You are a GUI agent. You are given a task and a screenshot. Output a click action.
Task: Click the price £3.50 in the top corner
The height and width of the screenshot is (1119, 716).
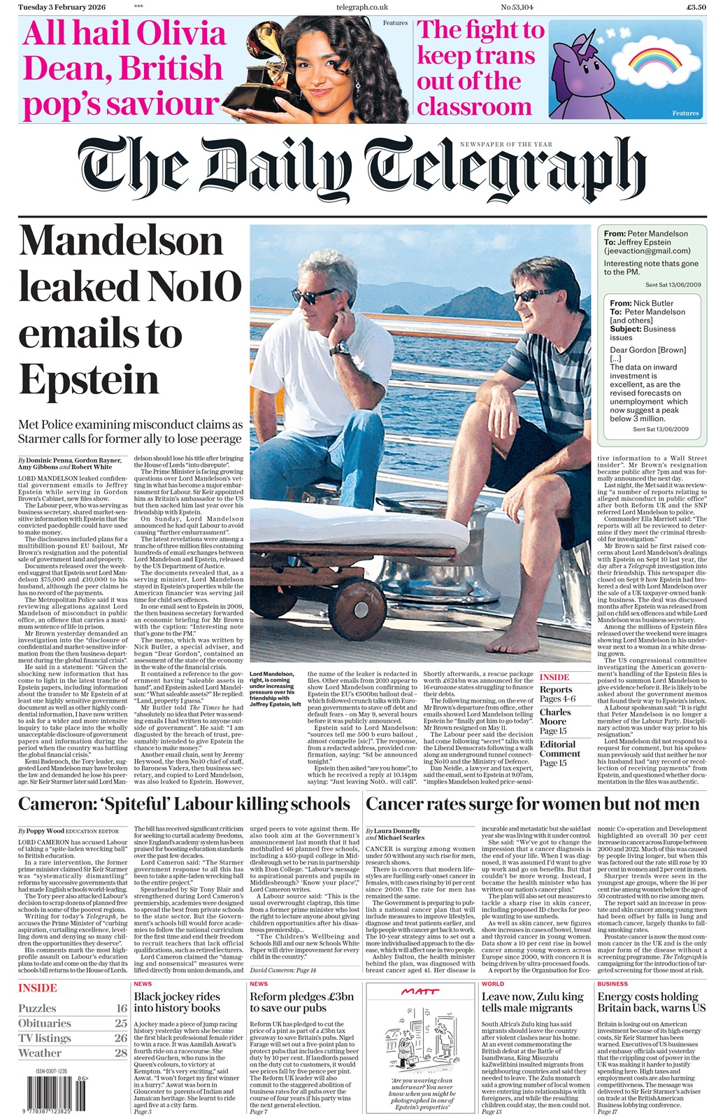(696, 7)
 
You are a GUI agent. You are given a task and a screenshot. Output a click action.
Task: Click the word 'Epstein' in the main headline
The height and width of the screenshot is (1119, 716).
(89, 380)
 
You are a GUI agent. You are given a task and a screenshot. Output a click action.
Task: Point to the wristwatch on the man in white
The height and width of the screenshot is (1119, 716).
(340, 348)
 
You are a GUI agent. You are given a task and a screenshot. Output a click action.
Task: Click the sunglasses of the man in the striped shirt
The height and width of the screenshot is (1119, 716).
(534, 296)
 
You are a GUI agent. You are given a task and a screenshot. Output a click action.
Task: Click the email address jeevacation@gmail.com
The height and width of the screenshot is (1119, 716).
(647, 251)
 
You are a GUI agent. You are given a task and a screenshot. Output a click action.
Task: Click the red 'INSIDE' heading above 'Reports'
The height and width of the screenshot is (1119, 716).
(554, 677)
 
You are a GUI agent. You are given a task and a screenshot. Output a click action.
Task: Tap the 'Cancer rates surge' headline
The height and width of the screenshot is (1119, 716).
(531, 804)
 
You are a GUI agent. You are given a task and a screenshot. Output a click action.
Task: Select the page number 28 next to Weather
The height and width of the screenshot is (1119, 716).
(121, 1053)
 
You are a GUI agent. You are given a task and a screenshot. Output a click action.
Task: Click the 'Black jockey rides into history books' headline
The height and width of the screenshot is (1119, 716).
(177, 1002)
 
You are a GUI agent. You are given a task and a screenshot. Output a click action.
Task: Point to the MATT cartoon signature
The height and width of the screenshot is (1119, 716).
(420, 992)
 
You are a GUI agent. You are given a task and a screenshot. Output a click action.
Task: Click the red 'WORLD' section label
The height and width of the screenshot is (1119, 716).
(492, 984)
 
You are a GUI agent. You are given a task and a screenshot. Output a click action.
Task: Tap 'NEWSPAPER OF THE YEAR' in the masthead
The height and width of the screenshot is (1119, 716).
(506, 144)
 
